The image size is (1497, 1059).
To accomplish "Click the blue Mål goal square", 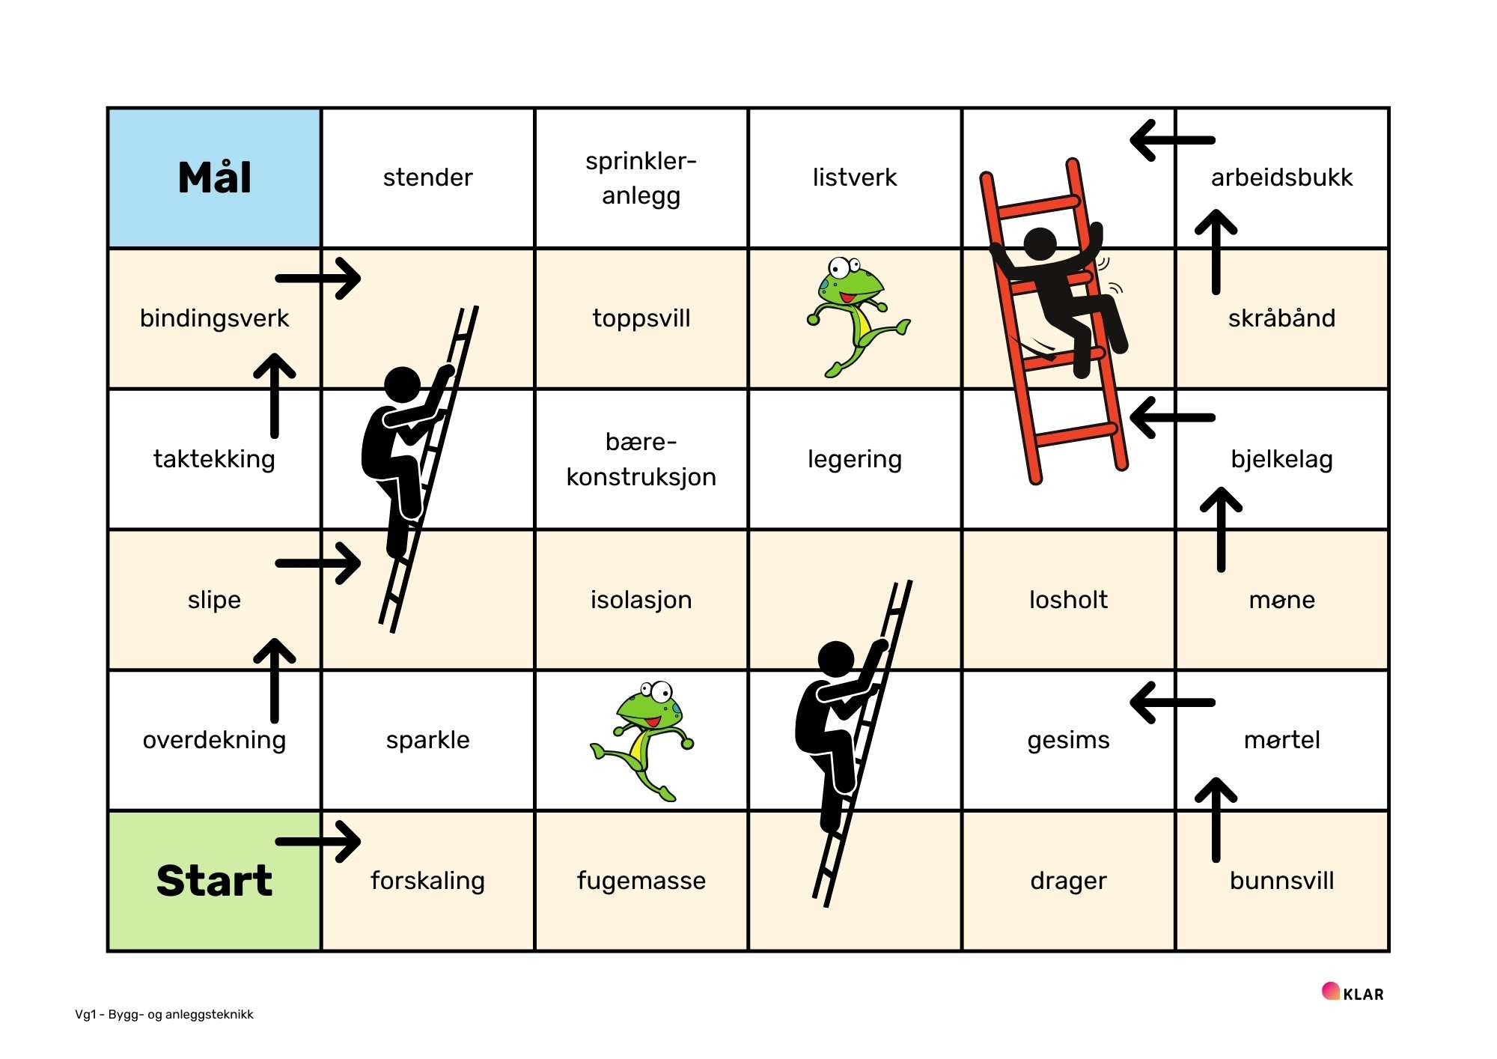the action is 215,177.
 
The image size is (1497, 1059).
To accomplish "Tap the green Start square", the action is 215,881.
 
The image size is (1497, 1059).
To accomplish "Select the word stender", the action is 427,177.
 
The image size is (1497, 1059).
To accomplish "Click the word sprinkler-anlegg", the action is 641,178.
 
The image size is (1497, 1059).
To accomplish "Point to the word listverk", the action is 855,177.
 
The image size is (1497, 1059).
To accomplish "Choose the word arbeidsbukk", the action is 1282,177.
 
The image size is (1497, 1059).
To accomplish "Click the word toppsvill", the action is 641,318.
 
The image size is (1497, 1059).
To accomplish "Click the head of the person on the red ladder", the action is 1040,243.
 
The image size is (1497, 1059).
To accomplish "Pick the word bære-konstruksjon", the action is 641,459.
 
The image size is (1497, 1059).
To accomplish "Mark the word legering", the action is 855,459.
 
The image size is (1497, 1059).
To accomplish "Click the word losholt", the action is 1068,600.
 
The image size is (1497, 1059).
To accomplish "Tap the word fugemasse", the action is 641,881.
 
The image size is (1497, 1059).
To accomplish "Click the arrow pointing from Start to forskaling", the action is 318,842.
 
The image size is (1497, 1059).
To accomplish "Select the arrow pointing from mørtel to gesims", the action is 1172,703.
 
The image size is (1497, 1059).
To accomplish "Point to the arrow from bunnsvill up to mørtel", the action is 1216,820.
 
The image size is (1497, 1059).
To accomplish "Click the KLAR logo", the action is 1353,993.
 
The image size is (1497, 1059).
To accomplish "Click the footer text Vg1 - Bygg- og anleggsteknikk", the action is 164,1015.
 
